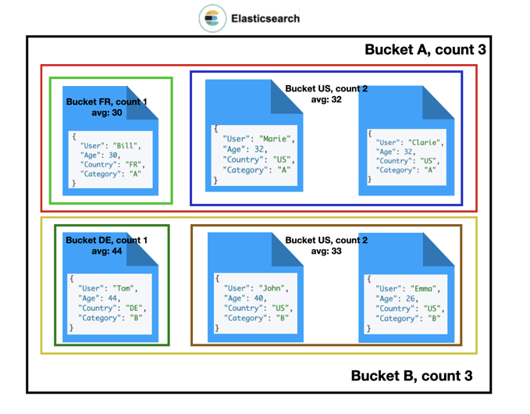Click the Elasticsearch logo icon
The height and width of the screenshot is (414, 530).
point(212,18)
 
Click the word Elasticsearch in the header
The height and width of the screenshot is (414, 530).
point(265,18)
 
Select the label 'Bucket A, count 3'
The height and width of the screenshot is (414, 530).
point(425,50)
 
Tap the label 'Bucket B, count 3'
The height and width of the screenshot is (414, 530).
point(411,376)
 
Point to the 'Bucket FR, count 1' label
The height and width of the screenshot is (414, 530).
point(106,102)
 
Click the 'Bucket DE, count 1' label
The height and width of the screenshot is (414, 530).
point(106,241)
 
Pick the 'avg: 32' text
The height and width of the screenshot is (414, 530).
point(326,100)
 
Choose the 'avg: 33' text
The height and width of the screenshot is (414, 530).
point(326,252)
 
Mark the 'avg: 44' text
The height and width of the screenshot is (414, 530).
point(106,252)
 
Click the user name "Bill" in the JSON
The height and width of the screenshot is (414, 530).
point(125,145)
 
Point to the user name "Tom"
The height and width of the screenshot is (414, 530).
point(123,288)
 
